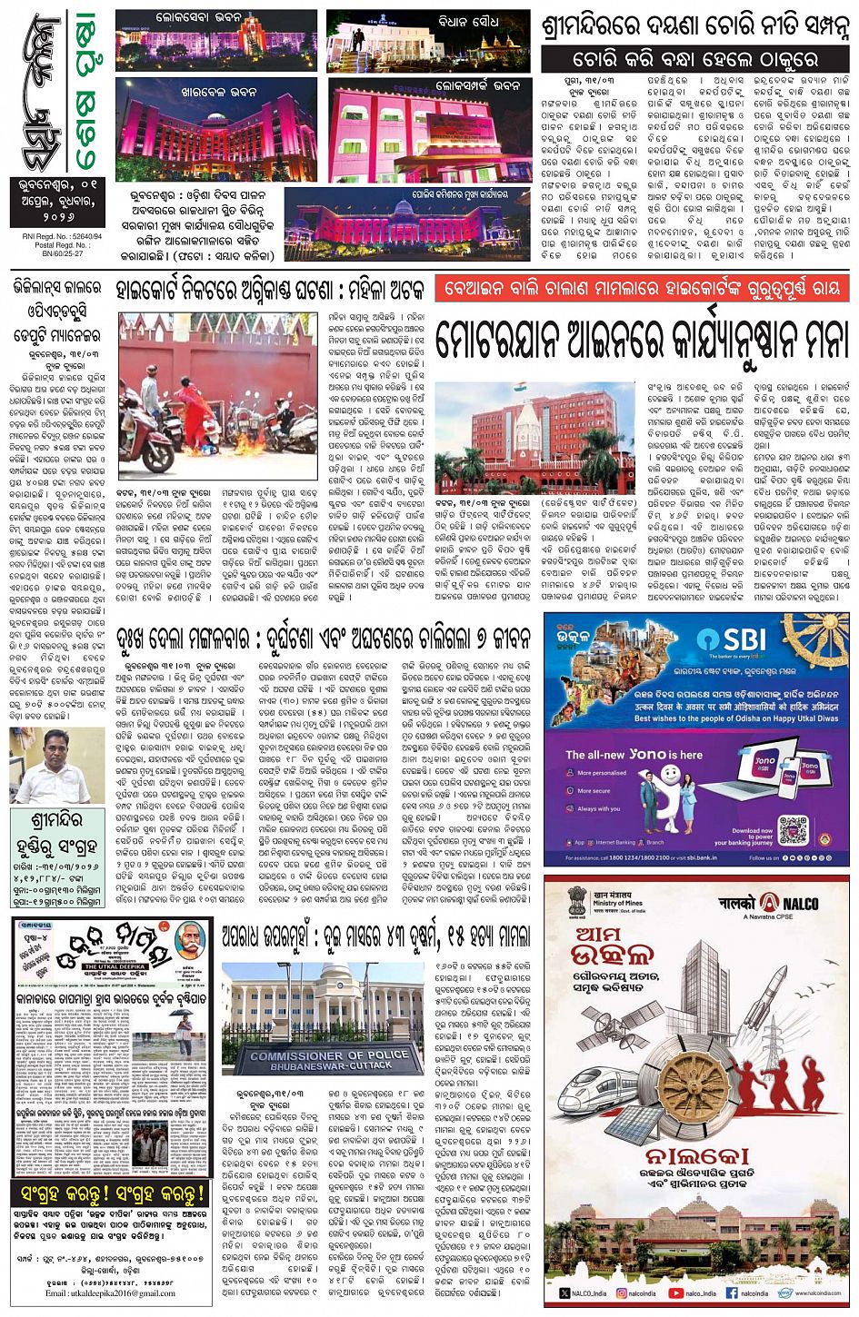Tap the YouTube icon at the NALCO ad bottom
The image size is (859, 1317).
(676, 1292)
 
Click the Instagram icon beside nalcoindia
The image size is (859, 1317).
(622, 1292)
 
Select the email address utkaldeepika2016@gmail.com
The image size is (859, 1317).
(111, 1292)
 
